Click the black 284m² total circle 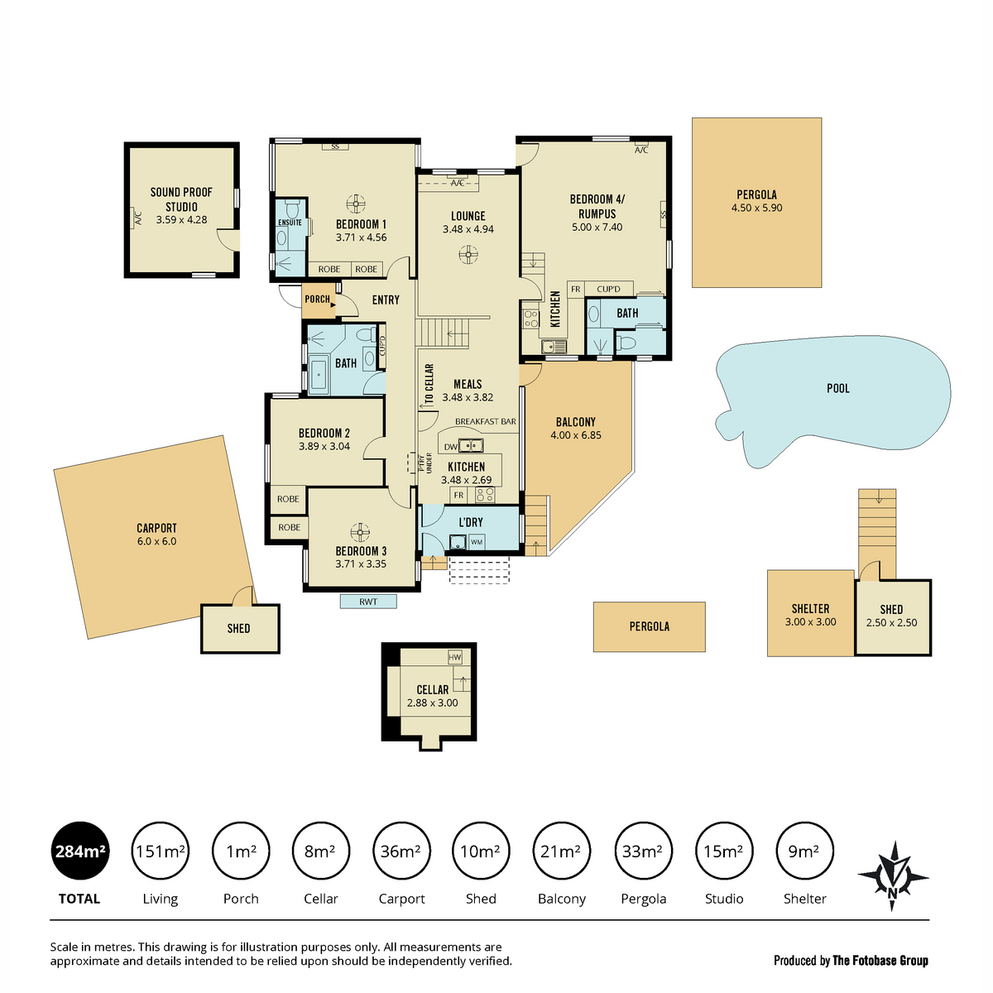(x=80, y=851)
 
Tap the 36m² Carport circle (x=401, y=851)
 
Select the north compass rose (x=893, y=875)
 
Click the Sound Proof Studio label (x=181, y=199)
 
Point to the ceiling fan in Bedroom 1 (x=356, y=203)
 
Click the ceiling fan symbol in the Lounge (x=468, y=255)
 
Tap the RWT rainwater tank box (x=368, y=602)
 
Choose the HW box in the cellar (x=454, y=657)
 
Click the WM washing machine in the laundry (x=477, y=541)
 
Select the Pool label (x=838, y=389)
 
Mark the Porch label (x=317, y=299)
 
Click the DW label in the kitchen (x=450, y=447)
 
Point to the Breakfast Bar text (x=486, y=421)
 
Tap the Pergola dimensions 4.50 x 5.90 (x=756, y=208)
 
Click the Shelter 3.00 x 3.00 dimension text (x=810, y=622)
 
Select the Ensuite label (x=290, y=223)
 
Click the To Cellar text (x=429, y=384)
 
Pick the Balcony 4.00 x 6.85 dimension (x=576, y=435)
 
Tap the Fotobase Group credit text (x=880, y=960)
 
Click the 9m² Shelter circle (x=804, y=851)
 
